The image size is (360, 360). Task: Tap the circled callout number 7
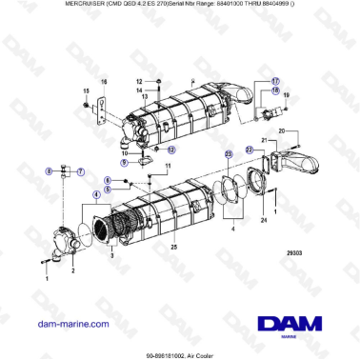(x=80, y=170)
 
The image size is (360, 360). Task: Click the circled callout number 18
(x=275, y=91)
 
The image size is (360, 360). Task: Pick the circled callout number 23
(x=228, y=153)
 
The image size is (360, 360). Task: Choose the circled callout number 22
(x=249, y=149)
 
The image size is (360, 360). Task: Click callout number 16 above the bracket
(x=104, y=84)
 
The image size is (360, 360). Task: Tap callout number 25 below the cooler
(x=173, y=247)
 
